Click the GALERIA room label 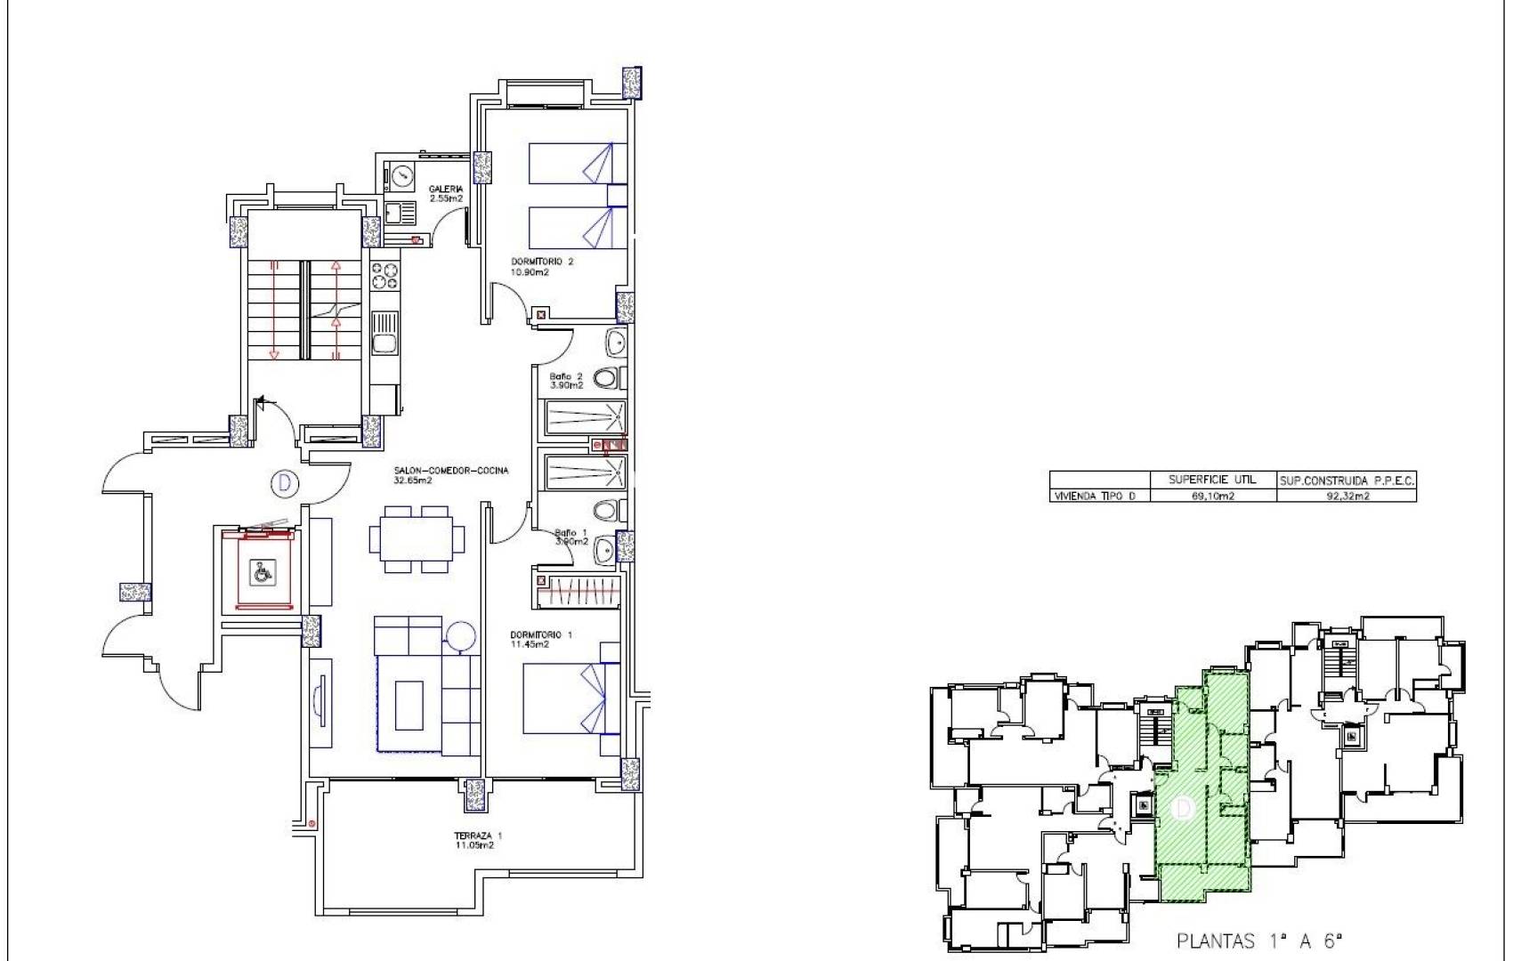[446, 193]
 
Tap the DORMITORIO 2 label [542, 266]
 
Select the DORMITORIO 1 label [540, 639]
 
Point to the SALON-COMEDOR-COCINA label [451, 474]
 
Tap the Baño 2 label [566, 381]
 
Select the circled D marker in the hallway [284, 483]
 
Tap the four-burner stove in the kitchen [384, 275]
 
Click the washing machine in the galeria [402, 175]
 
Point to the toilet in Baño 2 [605, 379]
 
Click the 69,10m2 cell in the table [1212, 497]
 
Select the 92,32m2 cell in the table [1347, 497]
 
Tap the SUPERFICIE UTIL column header [1212, 480]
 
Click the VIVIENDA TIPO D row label [1095, 497]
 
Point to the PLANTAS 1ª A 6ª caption [1258, 941]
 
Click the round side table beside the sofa [461, 637]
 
